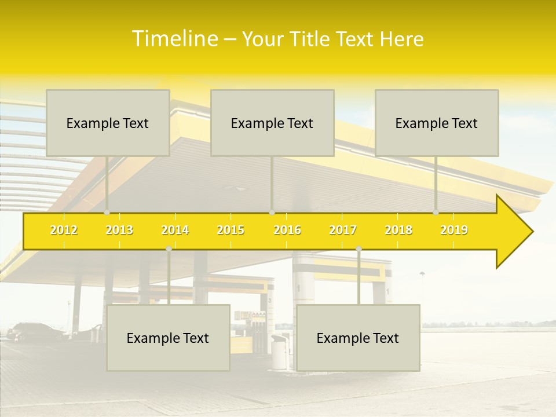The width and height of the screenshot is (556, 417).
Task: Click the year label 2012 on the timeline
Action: [64, 230]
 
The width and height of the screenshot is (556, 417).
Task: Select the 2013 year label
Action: [119, 230]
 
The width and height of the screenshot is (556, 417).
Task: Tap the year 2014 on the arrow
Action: [175, 230]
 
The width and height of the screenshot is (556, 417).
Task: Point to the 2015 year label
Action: [231, 230]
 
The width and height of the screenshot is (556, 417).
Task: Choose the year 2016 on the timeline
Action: [287, 230]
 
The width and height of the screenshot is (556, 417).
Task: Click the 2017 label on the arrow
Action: [343, 230]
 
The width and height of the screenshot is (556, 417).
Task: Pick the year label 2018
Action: [398, 230]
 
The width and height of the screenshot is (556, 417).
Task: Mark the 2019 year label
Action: [454, 230]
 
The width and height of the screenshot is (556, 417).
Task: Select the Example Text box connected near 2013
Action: [108, 123]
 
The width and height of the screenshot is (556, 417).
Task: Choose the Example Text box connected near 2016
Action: [272, 123]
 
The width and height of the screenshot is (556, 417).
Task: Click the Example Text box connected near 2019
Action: [437, 123]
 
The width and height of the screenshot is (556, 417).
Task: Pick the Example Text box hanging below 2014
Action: [168, 338]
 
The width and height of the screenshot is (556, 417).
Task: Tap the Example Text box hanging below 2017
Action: [358, 338]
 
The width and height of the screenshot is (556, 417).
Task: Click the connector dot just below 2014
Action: [169, 249]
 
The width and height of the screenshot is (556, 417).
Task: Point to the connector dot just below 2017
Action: [359, 249]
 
